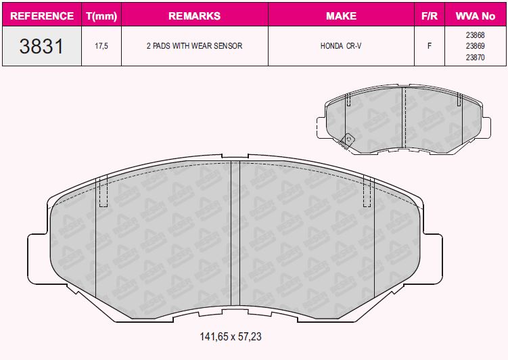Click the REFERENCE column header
[x=42, y=15]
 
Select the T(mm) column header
[x=101, y=15]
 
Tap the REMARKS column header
[x=194, y=15]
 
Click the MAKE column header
[x=341, y=15]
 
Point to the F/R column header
[x=429, y=15]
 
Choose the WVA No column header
[x=475, y=15]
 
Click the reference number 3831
[x=41, y=46]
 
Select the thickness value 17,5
[x=101, y=46]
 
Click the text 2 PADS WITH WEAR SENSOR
[x=194, y=46]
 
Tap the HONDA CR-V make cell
[x=341, y=46]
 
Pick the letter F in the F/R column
[x=429, y=46]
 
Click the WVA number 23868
[x=475, y=35]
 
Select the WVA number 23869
[x=475, y=46]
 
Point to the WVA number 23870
[x=475, y=58]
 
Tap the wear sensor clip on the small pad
[x=348, y=139]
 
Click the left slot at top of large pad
[x=103, y=192]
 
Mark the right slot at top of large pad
[x=369, y=192]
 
